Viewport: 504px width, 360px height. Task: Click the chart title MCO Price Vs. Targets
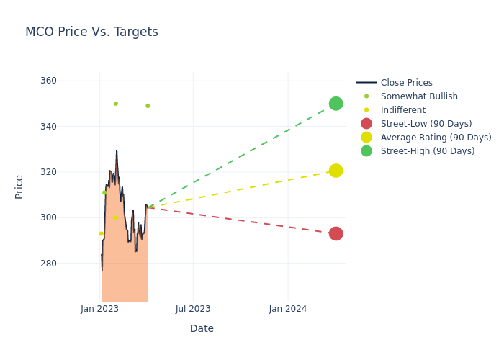91,32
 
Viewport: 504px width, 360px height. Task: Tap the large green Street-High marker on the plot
336,104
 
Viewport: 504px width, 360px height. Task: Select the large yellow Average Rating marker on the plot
336,171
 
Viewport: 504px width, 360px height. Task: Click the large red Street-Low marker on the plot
336,234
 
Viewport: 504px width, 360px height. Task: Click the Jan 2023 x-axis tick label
99,309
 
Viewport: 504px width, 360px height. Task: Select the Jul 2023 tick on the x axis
193,309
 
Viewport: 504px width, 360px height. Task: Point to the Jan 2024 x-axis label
288,309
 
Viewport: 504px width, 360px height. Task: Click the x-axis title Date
202,329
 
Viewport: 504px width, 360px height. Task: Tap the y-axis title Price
19,186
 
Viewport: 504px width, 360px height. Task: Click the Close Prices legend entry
406,83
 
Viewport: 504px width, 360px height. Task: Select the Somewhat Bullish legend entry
419,96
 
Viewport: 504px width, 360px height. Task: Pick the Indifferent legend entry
402,110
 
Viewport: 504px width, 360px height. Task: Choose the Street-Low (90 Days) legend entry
426,124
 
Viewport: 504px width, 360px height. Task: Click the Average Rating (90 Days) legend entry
436,138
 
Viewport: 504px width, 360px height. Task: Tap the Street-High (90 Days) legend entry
428,151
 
